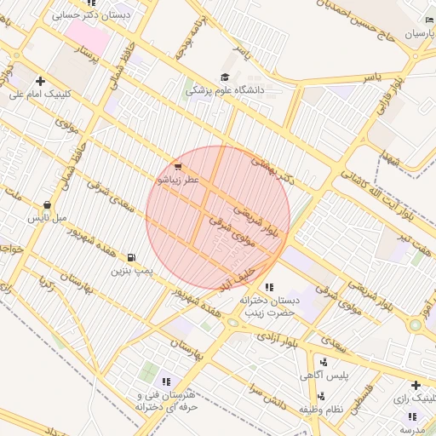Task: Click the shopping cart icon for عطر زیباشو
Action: point(177,167)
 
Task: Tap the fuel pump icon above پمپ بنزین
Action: point(130,257)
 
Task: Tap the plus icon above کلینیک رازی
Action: point(415,386)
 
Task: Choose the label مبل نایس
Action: point(47,219)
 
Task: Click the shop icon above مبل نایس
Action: point(47,205)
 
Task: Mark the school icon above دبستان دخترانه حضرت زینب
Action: point(270,287)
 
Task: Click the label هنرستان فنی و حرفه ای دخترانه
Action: point(166,402)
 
